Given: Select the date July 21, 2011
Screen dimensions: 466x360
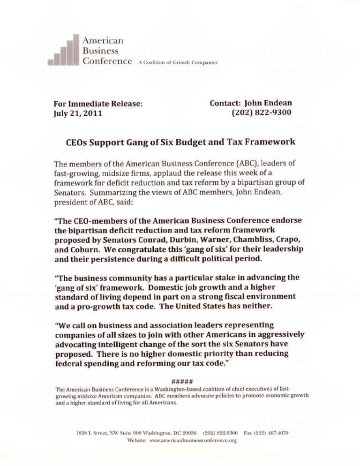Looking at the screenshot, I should (78, 113).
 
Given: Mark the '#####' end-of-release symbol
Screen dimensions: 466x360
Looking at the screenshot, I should (180, 380).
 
